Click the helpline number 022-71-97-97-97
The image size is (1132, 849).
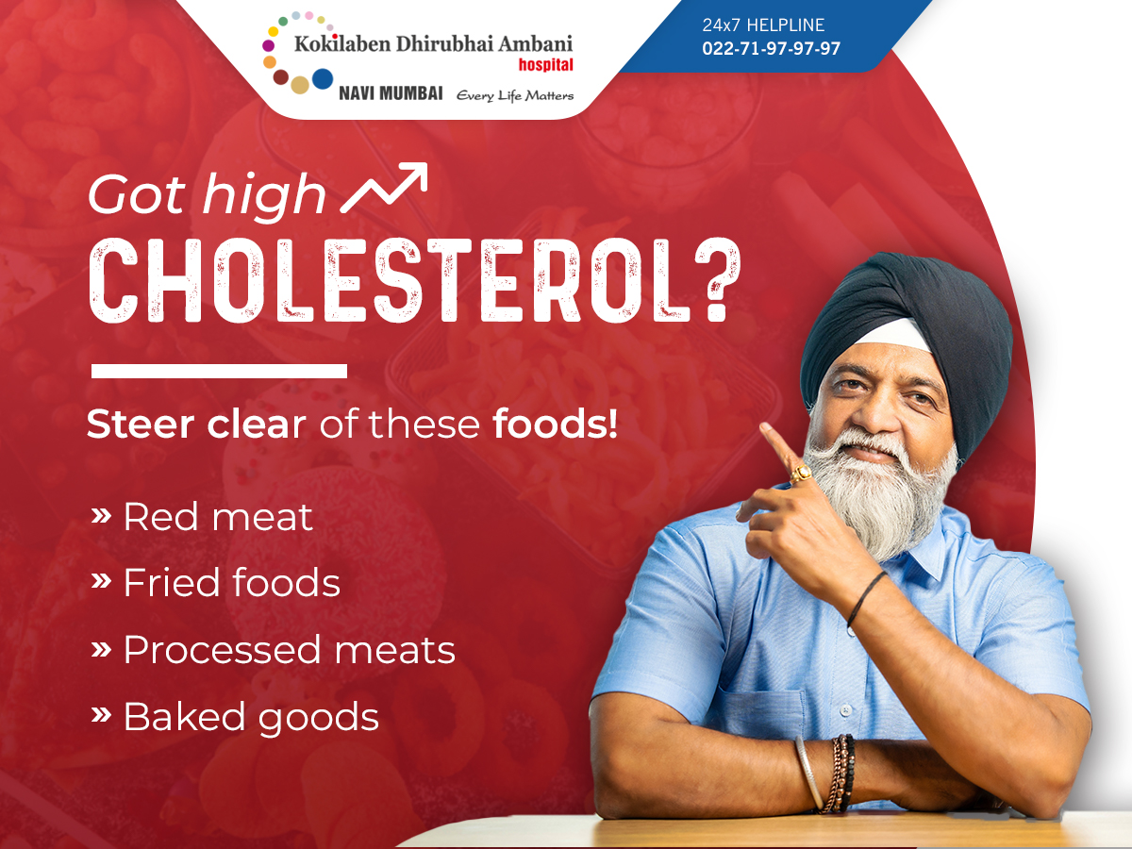(x=771, y=48)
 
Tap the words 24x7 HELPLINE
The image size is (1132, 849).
(x=763, y=25)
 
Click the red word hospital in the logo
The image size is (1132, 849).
(x=545, y=65)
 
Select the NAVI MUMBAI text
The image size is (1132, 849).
(x=391, y=93)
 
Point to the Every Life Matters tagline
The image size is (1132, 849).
(x=515, y=96)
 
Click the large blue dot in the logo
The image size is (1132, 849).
(x=323, y=79)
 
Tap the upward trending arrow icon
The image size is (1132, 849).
(x=385, y=187)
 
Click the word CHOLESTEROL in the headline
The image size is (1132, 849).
(x=390, y=281)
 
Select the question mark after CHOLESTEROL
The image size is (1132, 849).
(x=718, y=281)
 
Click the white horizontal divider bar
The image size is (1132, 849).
(x=219, y=371)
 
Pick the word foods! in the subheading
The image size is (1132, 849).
(x=555, y=424)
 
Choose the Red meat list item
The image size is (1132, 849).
(x=202, y=516)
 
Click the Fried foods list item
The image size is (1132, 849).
(x=216, y=582)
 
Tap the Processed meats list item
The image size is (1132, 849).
(x=273, y=649)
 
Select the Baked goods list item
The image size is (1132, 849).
(x=235, y=718)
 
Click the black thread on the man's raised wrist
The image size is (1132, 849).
(x=866, y=598)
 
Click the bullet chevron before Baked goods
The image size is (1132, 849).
(x=101, y=714)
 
